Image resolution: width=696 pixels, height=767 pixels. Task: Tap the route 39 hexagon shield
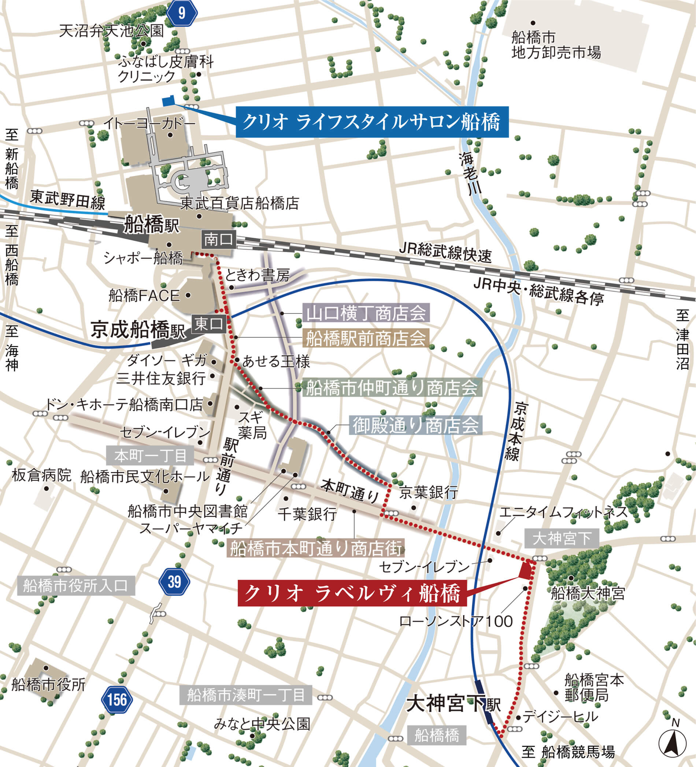[x=174, y=582]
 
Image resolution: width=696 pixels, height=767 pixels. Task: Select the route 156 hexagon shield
[x=117, y=700]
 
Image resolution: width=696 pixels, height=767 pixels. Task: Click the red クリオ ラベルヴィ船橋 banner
[x=352, y=593]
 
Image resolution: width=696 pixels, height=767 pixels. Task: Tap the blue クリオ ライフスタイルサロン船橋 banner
[x=371, y=122]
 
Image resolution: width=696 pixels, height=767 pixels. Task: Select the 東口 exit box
[x=209, y=324]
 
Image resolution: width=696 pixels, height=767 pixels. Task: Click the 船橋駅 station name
[x=151, y=225]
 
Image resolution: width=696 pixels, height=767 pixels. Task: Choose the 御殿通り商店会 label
[x=415, y=425]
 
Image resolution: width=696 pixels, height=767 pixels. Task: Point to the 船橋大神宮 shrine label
[x=588, y=593]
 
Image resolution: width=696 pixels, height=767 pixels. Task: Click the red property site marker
[x=526, y=571]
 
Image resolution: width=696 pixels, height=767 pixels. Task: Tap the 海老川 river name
[x=470, y=173]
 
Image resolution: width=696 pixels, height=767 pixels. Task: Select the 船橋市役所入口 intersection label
[x=76, y=586]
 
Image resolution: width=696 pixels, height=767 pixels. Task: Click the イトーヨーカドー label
[x=149, y=123]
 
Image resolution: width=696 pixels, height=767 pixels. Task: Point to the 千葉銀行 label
[x=307, y=515]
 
